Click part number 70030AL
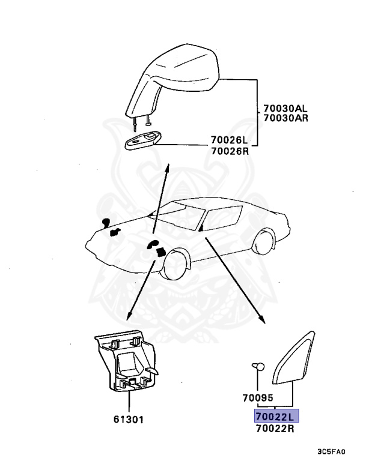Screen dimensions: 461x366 pos(285,109)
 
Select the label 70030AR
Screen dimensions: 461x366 pos(285,118)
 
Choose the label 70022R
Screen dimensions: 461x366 pos(275,428)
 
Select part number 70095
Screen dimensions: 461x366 pos(258,397)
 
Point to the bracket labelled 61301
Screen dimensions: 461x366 pos(127,363)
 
